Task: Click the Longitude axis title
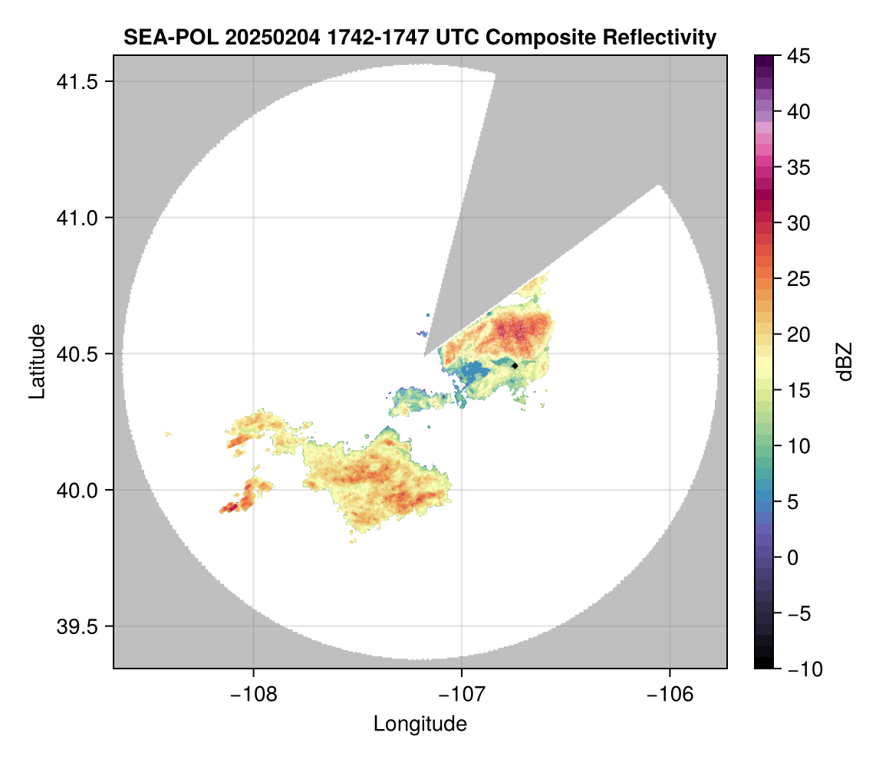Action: (420, 723)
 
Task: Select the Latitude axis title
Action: (37, 361)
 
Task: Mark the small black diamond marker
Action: (515, 366)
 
